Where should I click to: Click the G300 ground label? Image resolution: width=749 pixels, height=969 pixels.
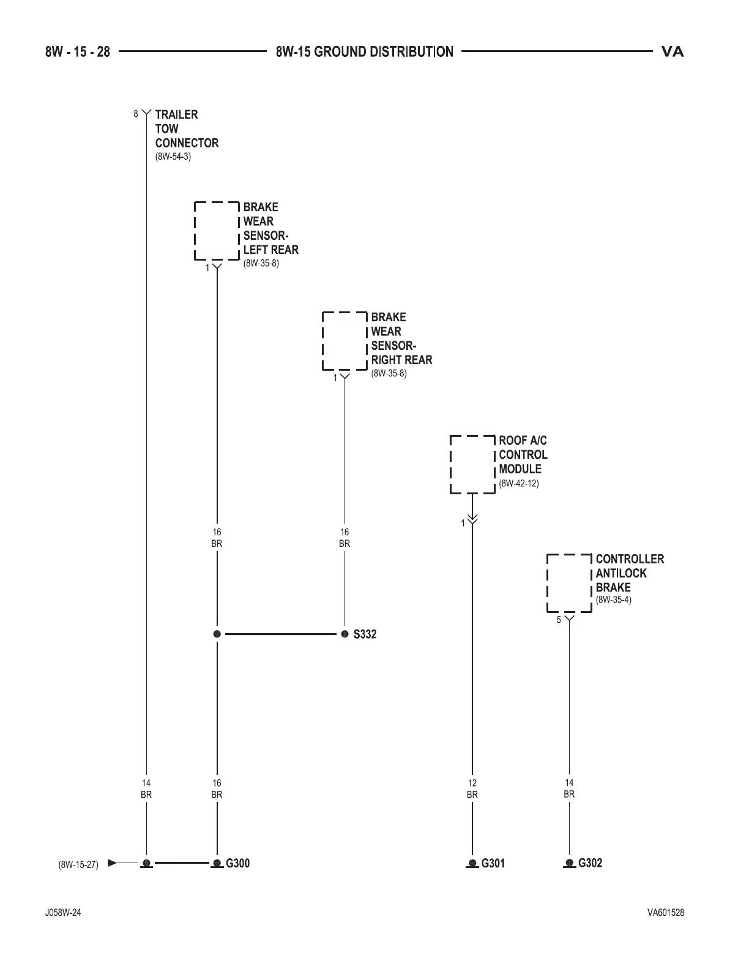coord(237,863)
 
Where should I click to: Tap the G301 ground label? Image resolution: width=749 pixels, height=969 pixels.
coord(493,863)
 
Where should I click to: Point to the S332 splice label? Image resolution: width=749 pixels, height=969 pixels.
coord(365,634)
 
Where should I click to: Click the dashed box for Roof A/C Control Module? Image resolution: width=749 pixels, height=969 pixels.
coord(472,464)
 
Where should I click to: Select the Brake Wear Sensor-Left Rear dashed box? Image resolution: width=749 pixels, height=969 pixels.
coord(217,231)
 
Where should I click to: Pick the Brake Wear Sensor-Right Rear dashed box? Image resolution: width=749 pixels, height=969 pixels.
coord(345,341)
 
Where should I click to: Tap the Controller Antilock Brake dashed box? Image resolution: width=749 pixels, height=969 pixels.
coord(569,583)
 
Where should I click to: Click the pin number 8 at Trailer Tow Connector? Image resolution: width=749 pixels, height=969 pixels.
coord(136,114)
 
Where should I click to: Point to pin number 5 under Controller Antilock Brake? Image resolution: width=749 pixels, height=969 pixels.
coord(559,620)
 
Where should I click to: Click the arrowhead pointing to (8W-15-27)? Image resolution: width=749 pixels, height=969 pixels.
coord(112,863)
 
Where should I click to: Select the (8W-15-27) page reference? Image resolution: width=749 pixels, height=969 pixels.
coord(78,865)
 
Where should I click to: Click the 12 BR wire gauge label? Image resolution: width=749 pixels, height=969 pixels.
coord(472,789)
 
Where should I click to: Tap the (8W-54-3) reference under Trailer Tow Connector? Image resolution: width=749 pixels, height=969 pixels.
coord(173,157)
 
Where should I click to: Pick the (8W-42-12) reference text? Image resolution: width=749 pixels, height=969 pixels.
coord(519,483)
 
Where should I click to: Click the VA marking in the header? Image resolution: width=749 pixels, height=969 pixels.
coord(673,52)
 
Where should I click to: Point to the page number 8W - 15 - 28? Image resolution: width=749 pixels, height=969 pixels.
coord(78,52)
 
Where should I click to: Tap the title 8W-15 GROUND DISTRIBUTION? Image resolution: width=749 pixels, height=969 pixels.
coord(365,52)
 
